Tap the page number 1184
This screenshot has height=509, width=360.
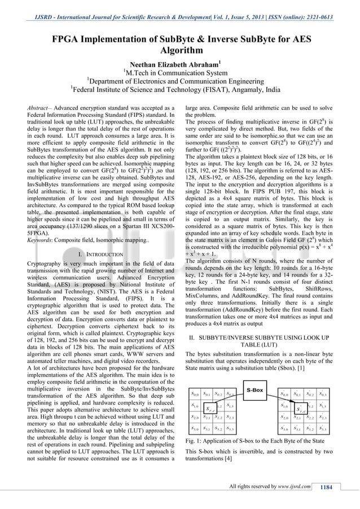click(328, 488)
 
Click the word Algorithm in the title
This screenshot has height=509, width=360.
click(180, 50)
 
